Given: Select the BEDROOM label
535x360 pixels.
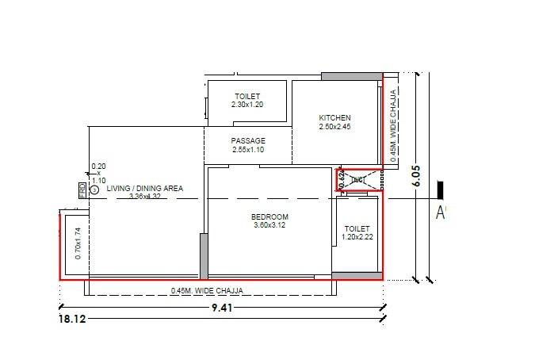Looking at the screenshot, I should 269,216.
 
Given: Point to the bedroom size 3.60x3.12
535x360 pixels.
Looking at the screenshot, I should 269,226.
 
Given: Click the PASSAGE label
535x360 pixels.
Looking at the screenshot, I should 247,141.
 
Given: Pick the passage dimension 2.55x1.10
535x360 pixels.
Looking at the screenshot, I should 247,150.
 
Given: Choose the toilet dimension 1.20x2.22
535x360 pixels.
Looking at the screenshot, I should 357,236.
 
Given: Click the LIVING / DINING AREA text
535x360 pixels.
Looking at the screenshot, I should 146,189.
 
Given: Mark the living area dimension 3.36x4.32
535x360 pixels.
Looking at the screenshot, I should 146,197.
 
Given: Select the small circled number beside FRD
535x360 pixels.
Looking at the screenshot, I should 94,190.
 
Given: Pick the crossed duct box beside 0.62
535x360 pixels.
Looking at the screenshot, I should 358,180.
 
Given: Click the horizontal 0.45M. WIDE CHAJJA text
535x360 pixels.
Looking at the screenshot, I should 206,291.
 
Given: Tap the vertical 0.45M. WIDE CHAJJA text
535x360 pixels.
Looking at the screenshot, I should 394,125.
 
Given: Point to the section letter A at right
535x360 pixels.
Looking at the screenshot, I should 441,212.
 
